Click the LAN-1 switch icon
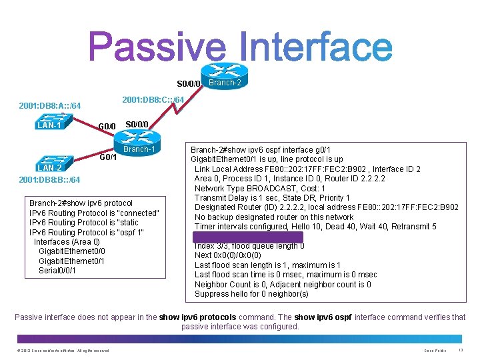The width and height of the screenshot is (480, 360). click(x=50, y=120)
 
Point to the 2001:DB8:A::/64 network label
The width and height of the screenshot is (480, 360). click(x=50, y=106)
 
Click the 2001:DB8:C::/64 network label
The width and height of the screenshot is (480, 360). click(x=153, y=99)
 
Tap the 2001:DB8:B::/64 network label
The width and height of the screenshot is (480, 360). click(x=50, y=180)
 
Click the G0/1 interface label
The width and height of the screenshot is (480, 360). click(x=108, y=158)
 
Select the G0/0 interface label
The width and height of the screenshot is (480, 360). click(x=107, y=126)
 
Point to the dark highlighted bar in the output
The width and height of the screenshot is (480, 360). click(x=247, y=237)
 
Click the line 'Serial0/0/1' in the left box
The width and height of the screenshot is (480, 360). click(x=57, y=270)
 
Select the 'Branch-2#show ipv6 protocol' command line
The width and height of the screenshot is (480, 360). click(x=81, y=203)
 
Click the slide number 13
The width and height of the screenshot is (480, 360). click(x=462, y=350)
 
